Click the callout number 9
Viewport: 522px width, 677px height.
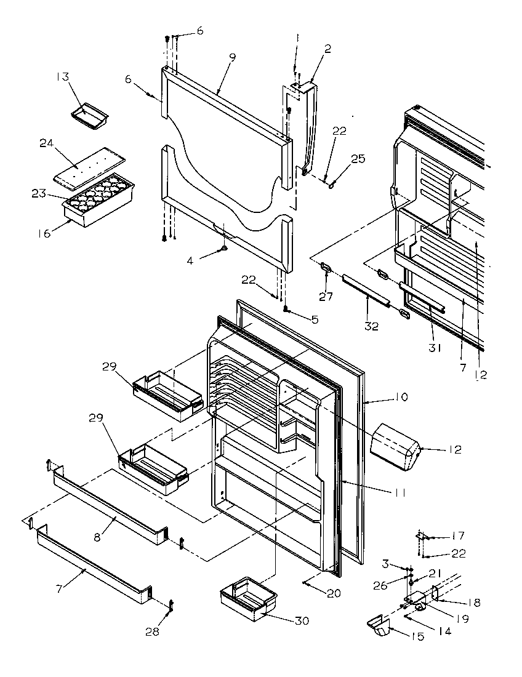232,57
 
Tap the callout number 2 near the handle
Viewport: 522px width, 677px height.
327,49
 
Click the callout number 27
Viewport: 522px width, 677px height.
326,297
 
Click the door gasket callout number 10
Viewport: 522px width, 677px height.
401,397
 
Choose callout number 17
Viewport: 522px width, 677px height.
458,535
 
